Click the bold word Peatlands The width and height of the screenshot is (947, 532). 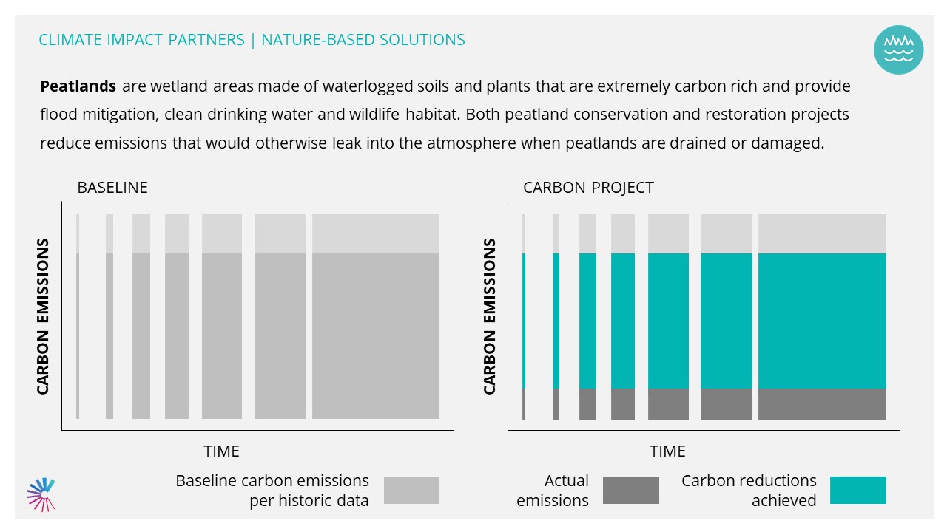tap(78, 86)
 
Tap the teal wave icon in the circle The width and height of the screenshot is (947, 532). tap(898, 50)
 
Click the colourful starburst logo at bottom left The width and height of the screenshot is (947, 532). tap(41, 494)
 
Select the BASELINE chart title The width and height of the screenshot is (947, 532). tap(112, 188)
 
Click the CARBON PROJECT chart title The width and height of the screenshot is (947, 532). tap(588, 188)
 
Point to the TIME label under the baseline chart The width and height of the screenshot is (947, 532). tap(221, 451)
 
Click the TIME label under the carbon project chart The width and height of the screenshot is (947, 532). tap(667, 451)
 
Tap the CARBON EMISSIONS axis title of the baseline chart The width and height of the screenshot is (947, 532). tap(43, 317)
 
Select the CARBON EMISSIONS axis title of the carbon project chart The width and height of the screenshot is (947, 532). tap(489, 317)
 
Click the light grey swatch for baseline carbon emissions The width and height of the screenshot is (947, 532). tap(411, 490)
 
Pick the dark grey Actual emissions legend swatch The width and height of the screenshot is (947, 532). tap(631, 490)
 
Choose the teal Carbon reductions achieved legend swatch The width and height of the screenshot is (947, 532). tap(857, 490)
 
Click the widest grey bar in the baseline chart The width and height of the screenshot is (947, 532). tap(376, 317)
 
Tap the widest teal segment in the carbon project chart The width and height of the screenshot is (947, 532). tap(822, 321)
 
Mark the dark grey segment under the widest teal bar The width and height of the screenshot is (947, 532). tap(822, 404)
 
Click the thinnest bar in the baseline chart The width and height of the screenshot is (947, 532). tap(78, 317)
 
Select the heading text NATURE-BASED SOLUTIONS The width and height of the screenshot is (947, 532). tap(363, 40)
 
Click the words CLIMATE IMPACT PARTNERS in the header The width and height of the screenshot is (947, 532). tap(141, 40)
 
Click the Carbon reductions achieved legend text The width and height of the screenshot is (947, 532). tap(749, 491)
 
